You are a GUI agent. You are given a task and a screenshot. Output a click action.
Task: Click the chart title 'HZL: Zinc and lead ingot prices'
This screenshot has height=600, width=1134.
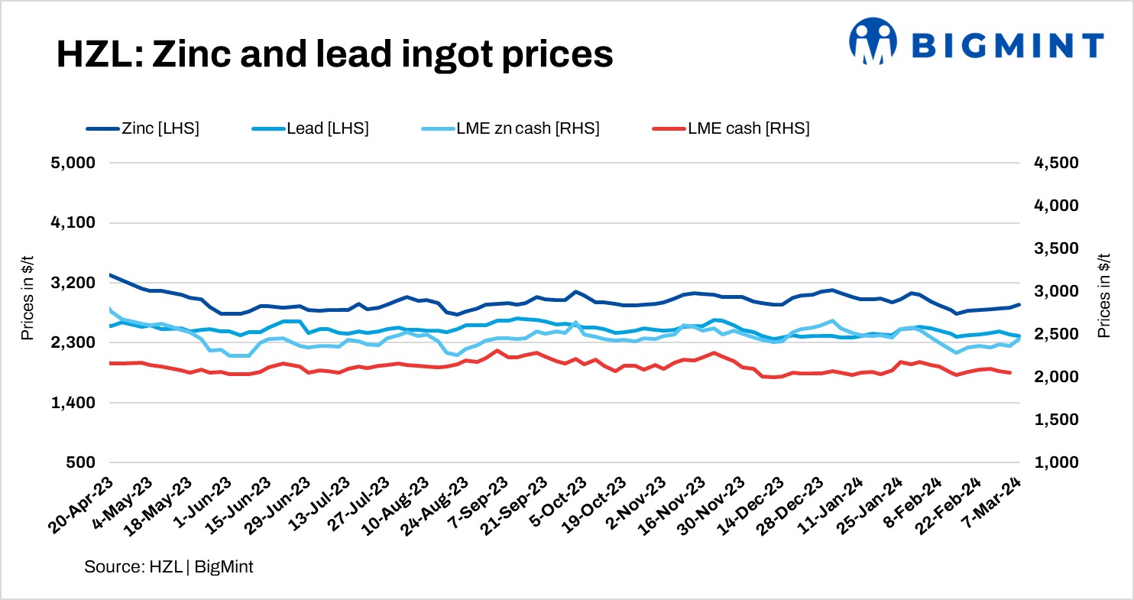coord(335,54)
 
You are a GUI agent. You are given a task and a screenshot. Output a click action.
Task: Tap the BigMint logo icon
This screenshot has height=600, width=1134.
coord(873,41)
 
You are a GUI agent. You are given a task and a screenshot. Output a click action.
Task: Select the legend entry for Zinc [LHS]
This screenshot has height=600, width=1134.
coord(143,128)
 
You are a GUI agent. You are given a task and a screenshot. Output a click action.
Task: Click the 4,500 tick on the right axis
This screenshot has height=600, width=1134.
coord(1056,163)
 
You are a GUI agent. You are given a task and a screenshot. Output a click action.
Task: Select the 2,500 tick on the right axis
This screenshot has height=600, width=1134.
coord(1056,334)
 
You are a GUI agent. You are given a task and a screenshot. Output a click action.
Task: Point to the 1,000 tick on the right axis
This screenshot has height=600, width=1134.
coord(1056,462)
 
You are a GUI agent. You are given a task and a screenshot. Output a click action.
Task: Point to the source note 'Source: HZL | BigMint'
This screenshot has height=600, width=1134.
coord(169,567)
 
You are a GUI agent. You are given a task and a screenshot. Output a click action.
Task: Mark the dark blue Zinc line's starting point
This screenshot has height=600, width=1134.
coord(110,274)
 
